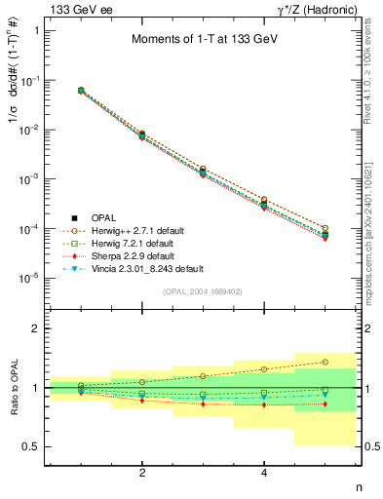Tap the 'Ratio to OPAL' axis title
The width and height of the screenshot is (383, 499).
coord(14,387)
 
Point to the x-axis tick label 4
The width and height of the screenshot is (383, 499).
coord(264,473)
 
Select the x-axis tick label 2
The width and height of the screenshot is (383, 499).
coord(142,473)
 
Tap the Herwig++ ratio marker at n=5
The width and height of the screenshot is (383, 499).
coord(325,362)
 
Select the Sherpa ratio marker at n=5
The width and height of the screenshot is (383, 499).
coord(325,403)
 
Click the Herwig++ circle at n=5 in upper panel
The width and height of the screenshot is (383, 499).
coord(325,227)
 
